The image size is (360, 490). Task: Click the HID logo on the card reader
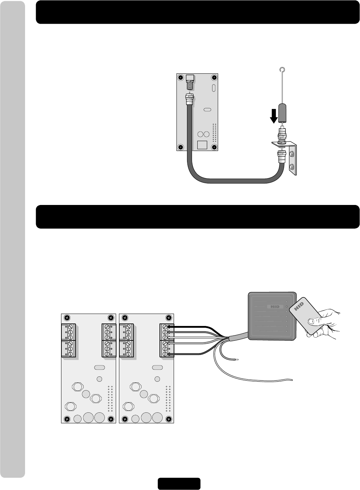(x=275, y=307)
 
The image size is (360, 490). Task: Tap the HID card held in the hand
(x=302, y=316)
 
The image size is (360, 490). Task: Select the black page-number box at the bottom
(x=179, y=484)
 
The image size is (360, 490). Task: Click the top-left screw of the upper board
(x=180, y=77)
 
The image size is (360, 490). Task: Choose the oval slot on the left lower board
(x=100, y=368)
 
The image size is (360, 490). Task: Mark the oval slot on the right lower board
(x=157, y=368)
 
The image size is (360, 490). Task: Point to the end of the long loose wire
(x=292, y=380)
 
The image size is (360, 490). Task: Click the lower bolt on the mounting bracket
(x=293, y=166)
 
